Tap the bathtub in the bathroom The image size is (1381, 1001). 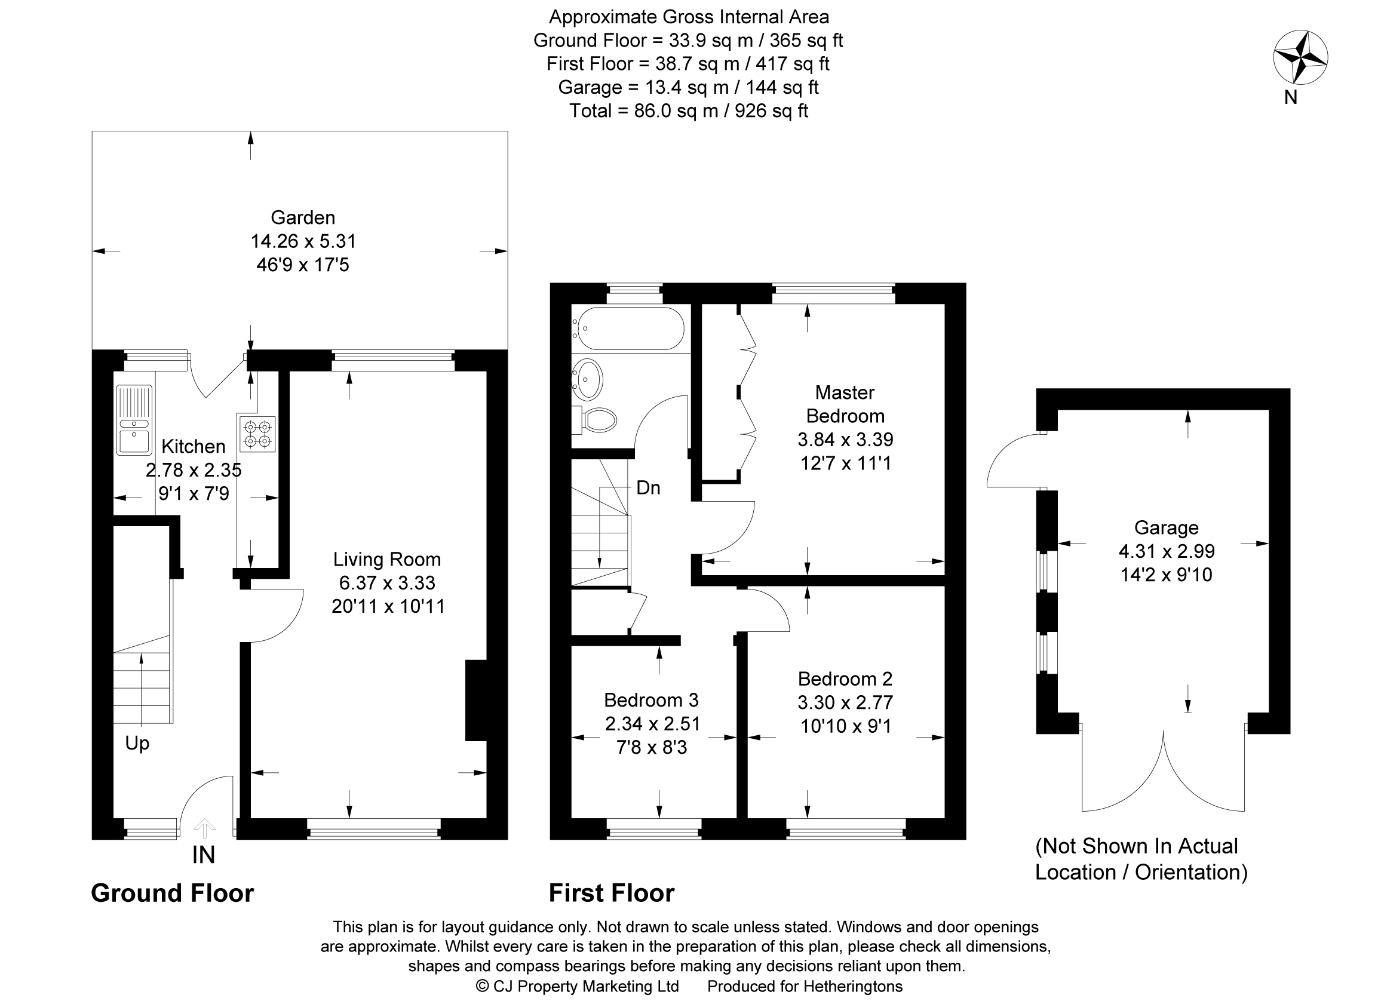[628, 328]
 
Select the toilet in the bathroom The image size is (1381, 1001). [594, 419]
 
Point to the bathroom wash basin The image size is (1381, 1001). [588, 379]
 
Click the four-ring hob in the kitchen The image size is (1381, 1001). [257, 434]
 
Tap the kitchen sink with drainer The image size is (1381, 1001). [134, 419]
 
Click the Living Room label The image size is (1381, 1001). [386, 559]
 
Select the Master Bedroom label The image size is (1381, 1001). [845, 404]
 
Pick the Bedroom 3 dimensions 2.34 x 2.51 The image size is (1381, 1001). [652, 723]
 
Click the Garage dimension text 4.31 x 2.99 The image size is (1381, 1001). [1166, 551]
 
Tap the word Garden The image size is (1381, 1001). [303, 217]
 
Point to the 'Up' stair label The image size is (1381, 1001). [137, 744]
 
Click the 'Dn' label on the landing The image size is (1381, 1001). [648, 488]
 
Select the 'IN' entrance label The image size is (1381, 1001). [203, 855]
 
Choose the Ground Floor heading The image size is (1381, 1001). [172, 893]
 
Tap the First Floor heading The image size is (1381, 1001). [611, 893]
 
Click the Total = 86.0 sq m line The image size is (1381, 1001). [689, 111]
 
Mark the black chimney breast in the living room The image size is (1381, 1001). [476, 700]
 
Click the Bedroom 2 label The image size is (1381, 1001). [845, 678]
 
